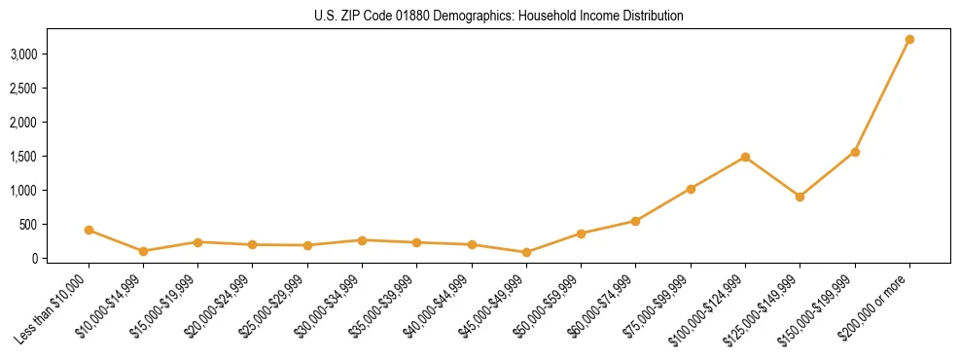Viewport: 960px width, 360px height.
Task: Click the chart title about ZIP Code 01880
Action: point(498,17)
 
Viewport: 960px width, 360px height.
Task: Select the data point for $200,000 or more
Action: point(909,40)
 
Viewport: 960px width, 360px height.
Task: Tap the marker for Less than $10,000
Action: point(89,231)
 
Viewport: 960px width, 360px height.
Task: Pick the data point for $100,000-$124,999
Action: point(745,157)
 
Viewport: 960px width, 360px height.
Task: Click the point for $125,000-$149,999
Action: point(800,197)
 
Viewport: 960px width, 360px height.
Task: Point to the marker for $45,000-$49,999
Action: point(526,252)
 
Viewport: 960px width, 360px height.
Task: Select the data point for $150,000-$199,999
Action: point(855,152)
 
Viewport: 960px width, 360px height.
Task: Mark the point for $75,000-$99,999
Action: point(691,189)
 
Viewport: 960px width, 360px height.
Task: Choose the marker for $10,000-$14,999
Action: point(143,251)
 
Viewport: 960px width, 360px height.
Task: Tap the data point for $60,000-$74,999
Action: point(635,221)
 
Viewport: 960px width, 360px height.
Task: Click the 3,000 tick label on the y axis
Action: point(23,54)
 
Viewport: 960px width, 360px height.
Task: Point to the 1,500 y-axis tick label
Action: point(23,157)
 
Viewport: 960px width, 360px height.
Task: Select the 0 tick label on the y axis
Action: point(34,259)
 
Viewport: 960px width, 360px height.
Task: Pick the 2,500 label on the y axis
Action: point(23,89)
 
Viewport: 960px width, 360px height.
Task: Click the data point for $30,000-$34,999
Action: point(362,240)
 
